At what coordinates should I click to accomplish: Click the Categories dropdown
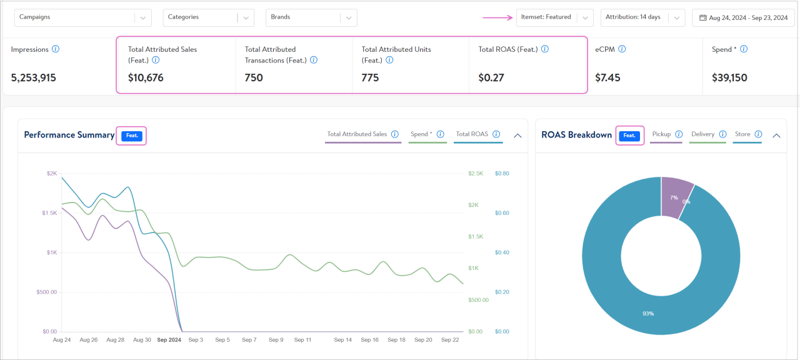click(208, 17)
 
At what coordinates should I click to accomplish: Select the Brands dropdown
click(311, 17)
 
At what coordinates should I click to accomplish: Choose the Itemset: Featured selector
click(554, 17)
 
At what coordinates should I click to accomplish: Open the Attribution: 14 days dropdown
click(642, 17)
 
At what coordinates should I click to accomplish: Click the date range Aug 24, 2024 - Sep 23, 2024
click(743, 18)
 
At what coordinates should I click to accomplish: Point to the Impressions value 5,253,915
click(34, 78)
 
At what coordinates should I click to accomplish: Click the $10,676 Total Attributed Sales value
click(146, 78)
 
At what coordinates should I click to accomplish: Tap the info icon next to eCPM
click(622, 49)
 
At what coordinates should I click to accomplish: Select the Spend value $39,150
click(729, 78)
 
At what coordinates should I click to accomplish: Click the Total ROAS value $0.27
click(491, 78)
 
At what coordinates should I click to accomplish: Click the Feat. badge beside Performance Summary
click(132, 136)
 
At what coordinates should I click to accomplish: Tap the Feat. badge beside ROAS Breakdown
click(629, 136)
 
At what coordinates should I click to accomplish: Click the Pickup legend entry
click(661, 134)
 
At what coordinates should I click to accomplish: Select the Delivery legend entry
click(702, 134)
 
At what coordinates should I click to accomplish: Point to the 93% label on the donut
click(647, 313)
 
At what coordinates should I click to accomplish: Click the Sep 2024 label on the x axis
click(169, 340)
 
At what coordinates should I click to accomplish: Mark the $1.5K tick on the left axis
click(49, 213)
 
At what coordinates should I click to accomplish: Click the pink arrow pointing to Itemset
click(497, 17)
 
